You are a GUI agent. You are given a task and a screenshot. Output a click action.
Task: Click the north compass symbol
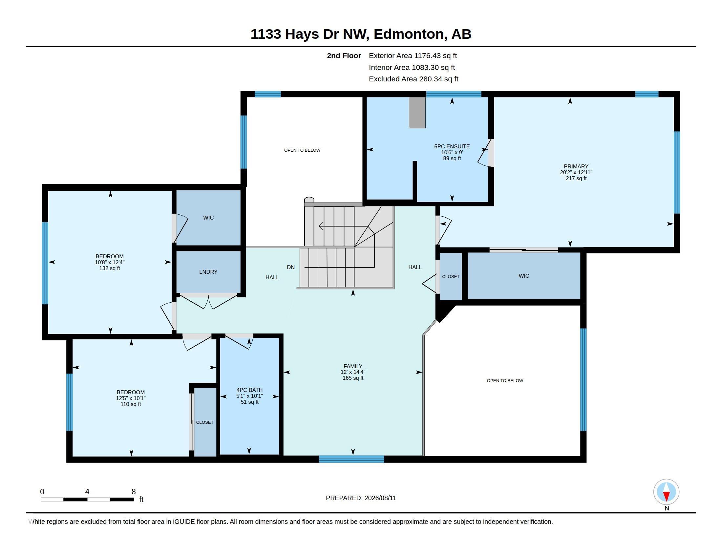click(666, 492)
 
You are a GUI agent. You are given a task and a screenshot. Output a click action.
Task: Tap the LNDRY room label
click(208, 272)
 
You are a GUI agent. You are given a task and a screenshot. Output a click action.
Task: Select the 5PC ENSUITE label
click(452, 146)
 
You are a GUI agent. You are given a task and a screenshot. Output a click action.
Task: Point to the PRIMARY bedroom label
click(576, 167)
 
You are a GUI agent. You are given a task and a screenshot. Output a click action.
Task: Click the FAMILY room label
click(353, 366)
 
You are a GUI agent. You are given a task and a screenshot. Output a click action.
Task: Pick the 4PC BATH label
click(250, 390)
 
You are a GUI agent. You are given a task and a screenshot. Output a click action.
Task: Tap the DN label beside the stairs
click(290, 267)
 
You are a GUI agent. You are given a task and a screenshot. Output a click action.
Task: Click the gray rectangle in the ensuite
click(417, 112)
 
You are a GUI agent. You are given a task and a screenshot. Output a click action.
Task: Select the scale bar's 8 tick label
click(134, 492)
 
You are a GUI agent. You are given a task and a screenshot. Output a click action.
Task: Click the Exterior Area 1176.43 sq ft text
click(413, 55)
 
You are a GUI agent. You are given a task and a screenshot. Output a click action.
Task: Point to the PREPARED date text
click(361, 498)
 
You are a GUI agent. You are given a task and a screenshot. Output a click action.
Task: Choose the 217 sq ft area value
click(576, 178)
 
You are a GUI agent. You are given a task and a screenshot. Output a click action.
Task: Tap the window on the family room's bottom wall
click(351, 459)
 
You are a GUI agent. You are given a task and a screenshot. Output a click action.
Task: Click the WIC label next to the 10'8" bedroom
click(208, 218)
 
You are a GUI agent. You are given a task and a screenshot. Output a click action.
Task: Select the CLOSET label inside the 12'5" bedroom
click(205, 422)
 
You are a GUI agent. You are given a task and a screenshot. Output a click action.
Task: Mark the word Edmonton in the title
click(409, 34)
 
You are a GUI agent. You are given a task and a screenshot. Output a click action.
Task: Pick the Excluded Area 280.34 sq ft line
click(414, 79)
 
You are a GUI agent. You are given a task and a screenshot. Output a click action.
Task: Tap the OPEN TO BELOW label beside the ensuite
click(302, 150)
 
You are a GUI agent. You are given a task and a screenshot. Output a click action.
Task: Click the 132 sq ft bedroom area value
click(110, 268)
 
